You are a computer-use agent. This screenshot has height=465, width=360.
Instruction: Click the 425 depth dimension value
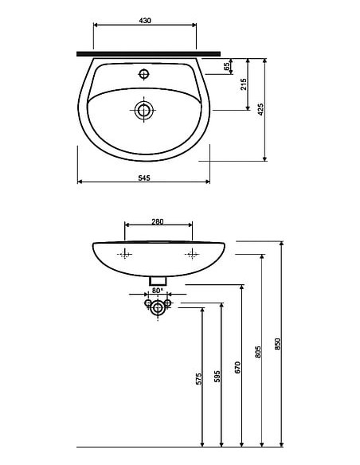260,109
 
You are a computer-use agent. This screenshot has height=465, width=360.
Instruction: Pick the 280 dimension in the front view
158,222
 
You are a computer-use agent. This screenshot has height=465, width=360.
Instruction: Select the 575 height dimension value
199,380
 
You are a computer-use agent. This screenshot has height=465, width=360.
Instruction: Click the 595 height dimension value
217,377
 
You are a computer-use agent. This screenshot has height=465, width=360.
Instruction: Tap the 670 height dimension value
237,367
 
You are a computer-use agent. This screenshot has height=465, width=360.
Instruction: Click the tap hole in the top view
144,74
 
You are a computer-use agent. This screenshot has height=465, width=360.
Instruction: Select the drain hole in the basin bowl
144,110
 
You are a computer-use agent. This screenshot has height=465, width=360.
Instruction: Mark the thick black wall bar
148,53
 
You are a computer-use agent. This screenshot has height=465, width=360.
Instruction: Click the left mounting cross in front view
124,255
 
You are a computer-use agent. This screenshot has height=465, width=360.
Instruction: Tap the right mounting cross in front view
192,255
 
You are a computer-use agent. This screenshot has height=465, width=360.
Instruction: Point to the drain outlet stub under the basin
158,280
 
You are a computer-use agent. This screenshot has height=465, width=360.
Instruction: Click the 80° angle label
157,291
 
